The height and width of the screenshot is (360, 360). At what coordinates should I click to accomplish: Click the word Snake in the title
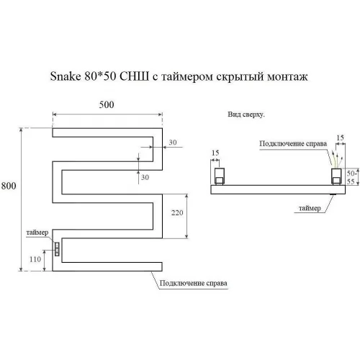click(x=66, y=76)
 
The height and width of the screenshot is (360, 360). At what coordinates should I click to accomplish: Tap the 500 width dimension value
click(x=107, y=104)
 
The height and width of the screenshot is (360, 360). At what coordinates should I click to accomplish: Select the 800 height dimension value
click(x=9, y=186)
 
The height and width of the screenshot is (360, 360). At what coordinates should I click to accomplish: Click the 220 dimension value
click(x=177, y=212)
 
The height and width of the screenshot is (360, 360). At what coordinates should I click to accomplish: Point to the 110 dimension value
click(x=35, y=259)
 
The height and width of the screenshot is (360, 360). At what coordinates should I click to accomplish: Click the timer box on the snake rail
click(x=57, y=249)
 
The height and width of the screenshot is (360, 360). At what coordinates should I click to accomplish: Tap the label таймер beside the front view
click(x=37, y=233)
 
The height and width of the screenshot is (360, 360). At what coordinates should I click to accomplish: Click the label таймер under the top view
click(x=310, y=208)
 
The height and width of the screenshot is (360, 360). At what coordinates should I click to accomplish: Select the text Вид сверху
click(x=246, y=114)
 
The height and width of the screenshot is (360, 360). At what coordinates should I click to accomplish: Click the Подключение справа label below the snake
click(x=194, y=283)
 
